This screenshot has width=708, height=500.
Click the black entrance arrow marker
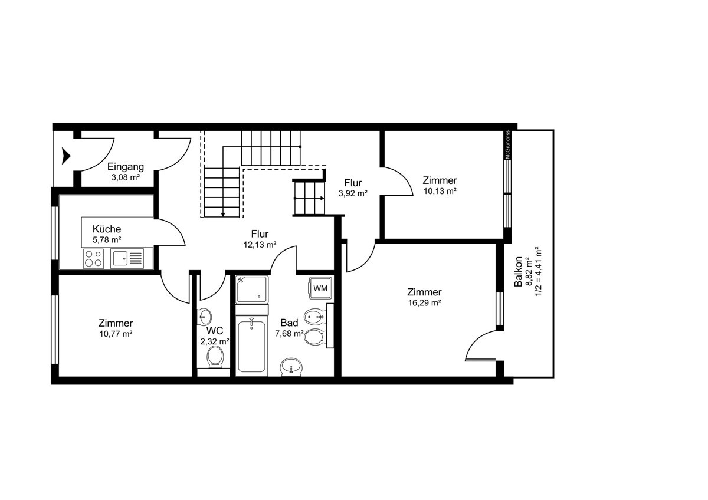(x=65, y=156)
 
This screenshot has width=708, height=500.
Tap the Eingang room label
(x=126, y=167)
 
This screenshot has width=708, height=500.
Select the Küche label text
(x=107, y=229)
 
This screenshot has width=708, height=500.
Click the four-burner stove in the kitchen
(x=94, y=258)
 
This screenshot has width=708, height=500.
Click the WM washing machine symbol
(x=320, y=288)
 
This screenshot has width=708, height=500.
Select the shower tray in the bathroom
(x=252, y=290)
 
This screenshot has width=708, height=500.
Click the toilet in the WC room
(x=215, y=357)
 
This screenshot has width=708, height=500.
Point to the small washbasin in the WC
(x=205, y=317)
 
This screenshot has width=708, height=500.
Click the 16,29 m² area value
(x=424, y=303)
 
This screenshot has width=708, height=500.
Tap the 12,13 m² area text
(x=260, y=245)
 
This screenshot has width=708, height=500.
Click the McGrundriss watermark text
(x=507, y=144)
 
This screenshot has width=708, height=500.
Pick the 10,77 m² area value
(x=116, y=334)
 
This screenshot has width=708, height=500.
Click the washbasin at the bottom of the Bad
(x=291, y=367)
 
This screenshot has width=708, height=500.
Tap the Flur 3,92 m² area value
(x=353, y=193)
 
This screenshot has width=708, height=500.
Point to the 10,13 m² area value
(x=440, y=191)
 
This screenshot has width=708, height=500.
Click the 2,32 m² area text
(x=215, y=341)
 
